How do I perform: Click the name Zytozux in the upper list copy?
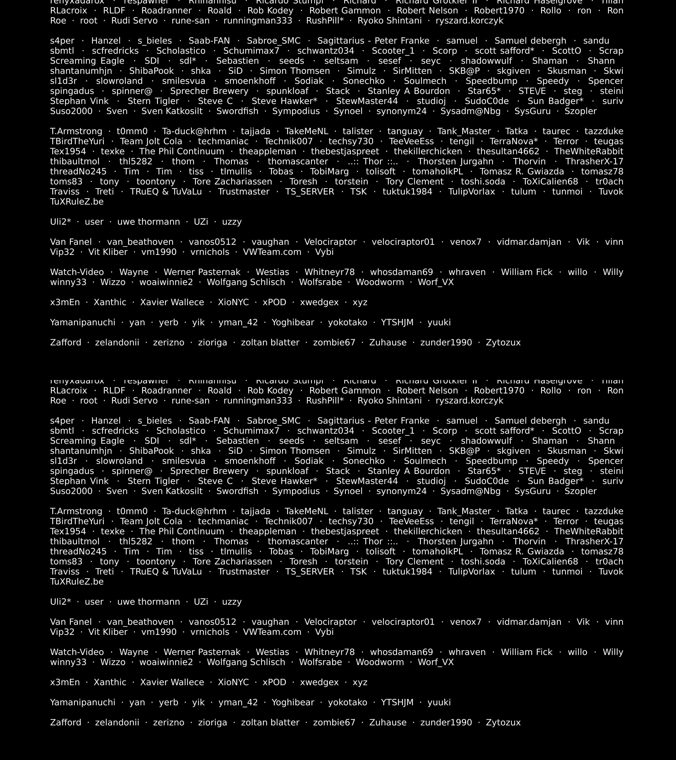[503, 343]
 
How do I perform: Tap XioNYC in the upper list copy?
[233, 302]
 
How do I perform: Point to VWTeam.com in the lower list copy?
[272, 632]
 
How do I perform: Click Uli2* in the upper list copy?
[60, 222]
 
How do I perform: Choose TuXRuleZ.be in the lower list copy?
[77, 582]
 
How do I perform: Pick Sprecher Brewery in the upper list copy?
[209, 91]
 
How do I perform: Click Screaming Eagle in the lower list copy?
[87, 441]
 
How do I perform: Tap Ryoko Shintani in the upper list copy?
[390, 21]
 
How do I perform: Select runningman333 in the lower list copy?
[258, 401]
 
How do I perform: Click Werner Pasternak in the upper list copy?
[202, 272]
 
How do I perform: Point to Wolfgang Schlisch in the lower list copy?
[246, 662]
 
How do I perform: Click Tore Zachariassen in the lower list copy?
[232, 562]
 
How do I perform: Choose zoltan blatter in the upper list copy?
[270, 343]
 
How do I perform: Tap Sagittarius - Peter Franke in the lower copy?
[373, 421]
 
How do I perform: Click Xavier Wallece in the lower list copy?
[172, 682]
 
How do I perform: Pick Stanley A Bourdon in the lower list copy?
[408, 471]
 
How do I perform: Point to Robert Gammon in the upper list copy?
[345, 11]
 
